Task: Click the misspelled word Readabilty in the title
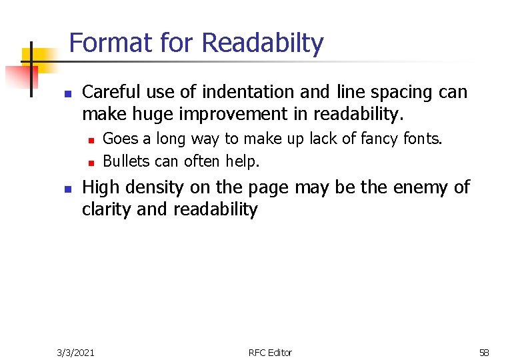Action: pyautogui.click(x=262, y=43)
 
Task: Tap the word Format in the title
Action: pyautogui.click(x=111, y=43)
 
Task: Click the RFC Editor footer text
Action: pyautogui.click(x=269, y=352)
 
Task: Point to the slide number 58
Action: pyautogui.click(x=484, y=352)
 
